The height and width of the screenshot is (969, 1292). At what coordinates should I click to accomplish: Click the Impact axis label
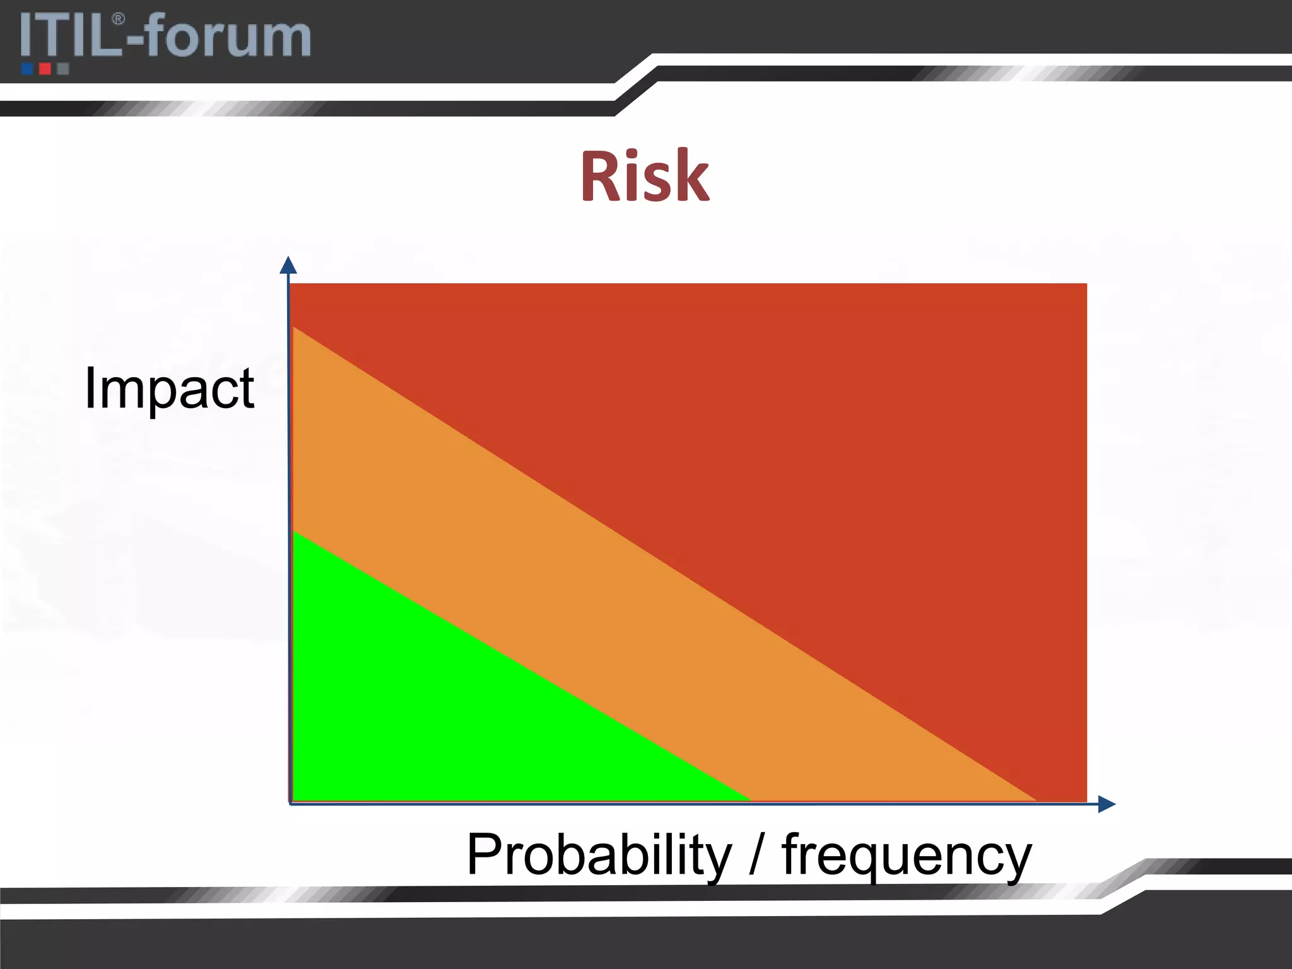coord(169,389)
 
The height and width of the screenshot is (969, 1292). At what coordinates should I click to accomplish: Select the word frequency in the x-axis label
coord(907,855)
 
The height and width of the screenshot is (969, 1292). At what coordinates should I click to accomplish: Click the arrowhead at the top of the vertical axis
coord(288,265)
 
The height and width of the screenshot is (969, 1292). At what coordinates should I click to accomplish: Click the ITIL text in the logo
coord(69,37)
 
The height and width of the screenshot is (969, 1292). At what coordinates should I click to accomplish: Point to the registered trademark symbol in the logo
coord(118,20)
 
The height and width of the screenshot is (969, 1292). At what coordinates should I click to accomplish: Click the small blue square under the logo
coord(27,69)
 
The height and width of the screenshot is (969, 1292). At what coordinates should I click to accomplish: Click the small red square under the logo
coord(45,69)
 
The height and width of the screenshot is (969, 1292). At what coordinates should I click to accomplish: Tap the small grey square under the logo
coord(62,69)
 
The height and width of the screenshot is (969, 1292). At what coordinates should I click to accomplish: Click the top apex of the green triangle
coord(295,534)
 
